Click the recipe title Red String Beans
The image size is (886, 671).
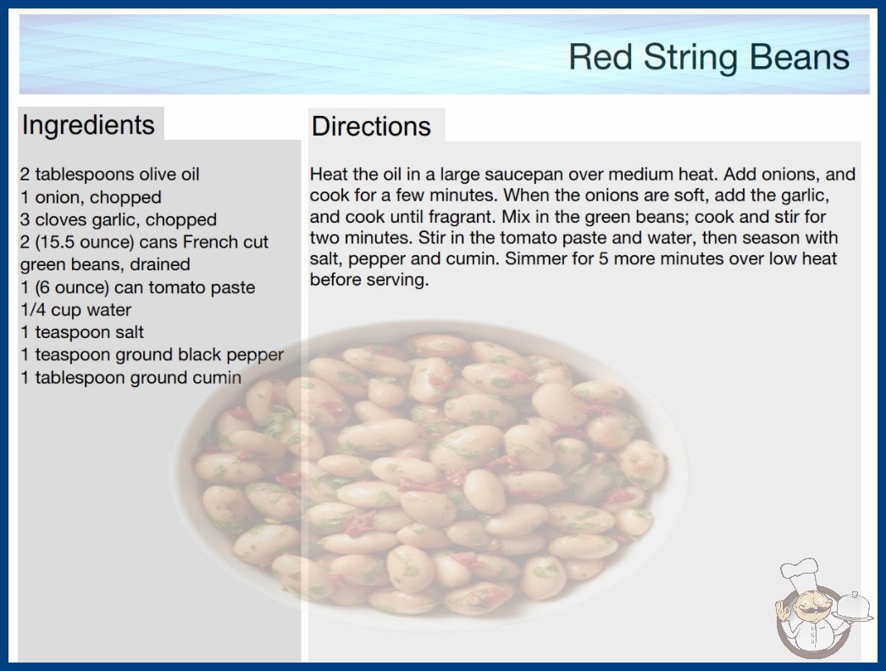click(709, 58)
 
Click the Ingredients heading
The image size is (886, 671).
click(88, 125)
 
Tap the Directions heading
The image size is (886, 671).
click(371, 126)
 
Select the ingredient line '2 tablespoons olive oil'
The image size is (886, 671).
click(109, 175)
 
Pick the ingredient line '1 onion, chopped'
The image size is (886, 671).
click(91, 197)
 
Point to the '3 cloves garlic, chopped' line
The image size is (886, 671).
click(119, 219)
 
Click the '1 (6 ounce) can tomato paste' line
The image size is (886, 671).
click(138, 287)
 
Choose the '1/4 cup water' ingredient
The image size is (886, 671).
click(75, 310)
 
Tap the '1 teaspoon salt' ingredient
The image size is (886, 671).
click(82, 332)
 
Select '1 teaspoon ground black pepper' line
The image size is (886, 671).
click(152, 355)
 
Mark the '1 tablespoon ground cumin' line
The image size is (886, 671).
click(131, 378)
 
